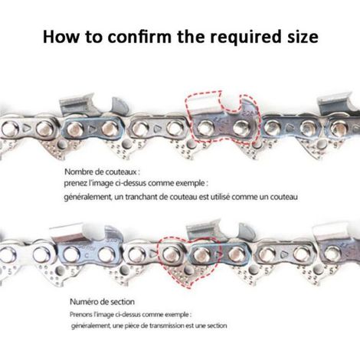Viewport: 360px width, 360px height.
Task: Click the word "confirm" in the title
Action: click(139, 37)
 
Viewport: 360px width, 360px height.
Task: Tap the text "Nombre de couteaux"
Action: click(100, 172)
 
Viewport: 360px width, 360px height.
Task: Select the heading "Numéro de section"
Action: click(102, 302)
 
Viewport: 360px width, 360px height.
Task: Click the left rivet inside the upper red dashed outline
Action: click(204, 127)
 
